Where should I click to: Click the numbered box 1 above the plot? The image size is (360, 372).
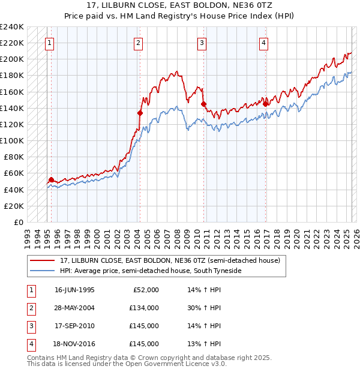[x=49, y=43]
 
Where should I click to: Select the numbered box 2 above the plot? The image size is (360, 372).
[x=139, y=43]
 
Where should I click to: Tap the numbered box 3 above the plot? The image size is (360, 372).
[x=202, y=43]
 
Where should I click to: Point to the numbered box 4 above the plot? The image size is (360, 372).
[x=263, y=43]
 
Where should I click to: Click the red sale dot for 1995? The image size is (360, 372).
[x=52, y=179]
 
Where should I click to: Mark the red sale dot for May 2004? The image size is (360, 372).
[x=140, y=113]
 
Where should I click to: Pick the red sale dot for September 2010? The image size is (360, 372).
[x=203, y=104]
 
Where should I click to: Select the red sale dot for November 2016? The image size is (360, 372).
[x=265, y=104]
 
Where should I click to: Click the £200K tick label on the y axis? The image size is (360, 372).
[x=12, y=59]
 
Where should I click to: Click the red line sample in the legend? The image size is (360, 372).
[x=43, y=261]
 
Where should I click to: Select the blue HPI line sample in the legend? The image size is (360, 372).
[x=43, y=271]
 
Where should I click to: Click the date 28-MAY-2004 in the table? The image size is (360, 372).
[x=74, y=308]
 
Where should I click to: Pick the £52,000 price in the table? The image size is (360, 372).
[x=145, y=290]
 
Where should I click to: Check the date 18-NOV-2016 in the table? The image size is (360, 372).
[x=74, y=344]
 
